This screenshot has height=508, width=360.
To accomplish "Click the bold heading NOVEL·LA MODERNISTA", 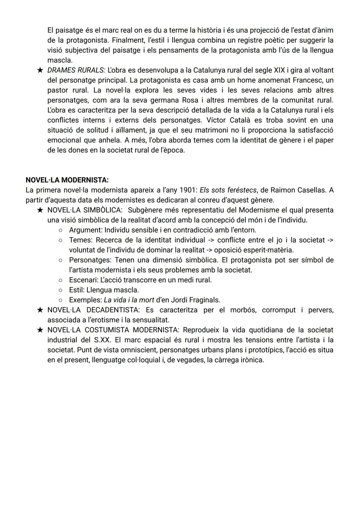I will [x=67, y=180].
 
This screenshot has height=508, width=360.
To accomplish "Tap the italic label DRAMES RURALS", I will [x=76, y=70].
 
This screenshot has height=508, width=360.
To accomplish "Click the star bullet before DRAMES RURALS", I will [x=40, y=70].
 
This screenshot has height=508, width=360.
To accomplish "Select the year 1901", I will [x=188, y=190].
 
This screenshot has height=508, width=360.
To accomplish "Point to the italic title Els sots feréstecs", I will [x=228, y=190].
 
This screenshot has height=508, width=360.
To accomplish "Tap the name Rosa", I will [x=190, y=100].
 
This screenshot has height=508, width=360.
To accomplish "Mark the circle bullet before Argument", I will [x=60, y=230].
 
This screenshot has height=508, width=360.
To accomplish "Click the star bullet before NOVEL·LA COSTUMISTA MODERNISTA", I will [x=40, y=330].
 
